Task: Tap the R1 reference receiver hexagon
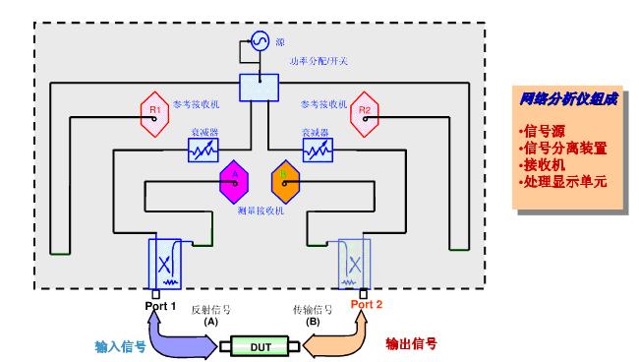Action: (155, 111)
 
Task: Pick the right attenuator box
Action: (317, 151)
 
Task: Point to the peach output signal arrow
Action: (340, 332)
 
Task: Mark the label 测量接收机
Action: (260, 211)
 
